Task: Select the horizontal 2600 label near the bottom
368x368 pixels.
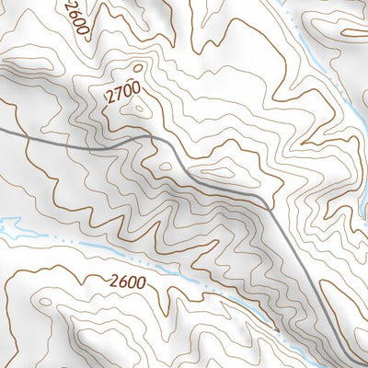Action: [127, 282]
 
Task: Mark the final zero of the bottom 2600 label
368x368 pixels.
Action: [140, 282]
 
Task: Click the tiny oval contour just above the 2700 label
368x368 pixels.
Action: [138, 67]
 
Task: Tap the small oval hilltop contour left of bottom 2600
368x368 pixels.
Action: [46, 301]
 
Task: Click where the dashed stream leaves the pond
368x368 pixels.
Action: [22, 230]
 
